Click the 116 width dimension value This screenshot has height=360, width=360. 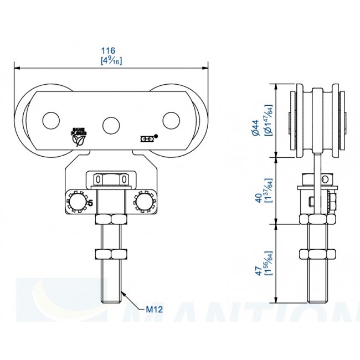click(x=112, y=49)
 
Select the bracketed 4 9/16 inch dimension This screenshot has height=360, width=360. click(x=112, y=60)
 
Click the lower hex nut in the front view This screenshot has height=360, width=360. click(x=111, y=255)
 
